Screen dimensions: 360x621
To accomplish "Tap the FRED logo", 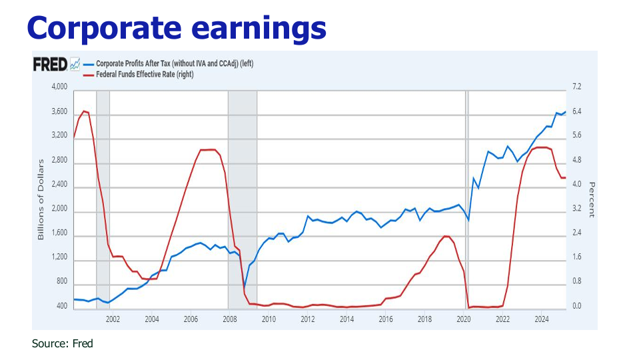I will click(50, 64).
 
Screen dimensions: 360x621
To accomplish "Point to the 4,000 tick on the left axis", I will click(59, 87).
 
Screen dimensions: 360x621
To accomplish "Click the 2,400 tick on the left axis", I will click(59, 185).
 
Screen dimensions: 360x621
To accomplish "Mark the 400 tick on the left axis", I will click(62, 307).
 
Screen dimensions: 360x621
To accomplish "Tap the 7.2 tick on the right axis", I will click(577, 87).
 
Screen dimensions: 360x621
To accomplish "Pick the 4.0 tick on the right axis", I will click(577, 185).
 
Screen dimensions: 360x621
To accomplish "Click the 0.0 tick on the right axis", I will click(577, 307).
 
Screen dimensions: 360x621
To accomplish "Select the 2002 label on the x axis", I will click(113, 319).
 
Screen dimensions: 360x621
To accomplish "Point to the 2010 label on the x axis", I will click(269, 319).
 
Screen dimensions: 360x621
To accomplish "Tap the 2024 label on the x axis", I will click(542, 319).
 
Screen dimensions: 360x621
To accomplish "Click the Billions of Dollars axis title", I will click(41, 200).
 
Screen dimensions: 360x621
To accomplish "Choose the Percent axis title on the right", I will click(592, 199).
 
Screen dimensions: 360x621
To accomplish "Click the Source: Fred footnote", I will click(63, 344).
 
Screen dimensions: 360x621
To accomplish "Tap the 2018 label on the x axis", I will click(425, 319).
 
